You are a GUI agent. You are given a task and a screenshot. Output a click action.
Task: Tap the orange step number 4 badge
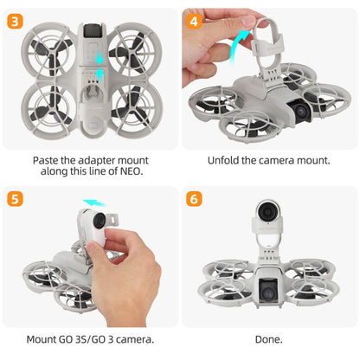[x=196, y=19]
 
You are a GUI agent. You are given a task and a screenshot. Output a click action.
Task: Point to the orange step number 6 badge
[x=196, y=198]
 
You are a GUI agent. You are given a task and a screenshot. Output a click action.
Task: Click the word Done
[x=269, y=339]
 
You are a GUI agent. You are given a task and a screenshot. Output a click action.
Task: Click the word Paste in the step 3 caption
[x=47, y=160]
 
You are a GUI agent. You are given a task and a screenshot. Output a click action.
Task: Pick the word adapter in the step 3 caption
[x=83, y=160]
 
